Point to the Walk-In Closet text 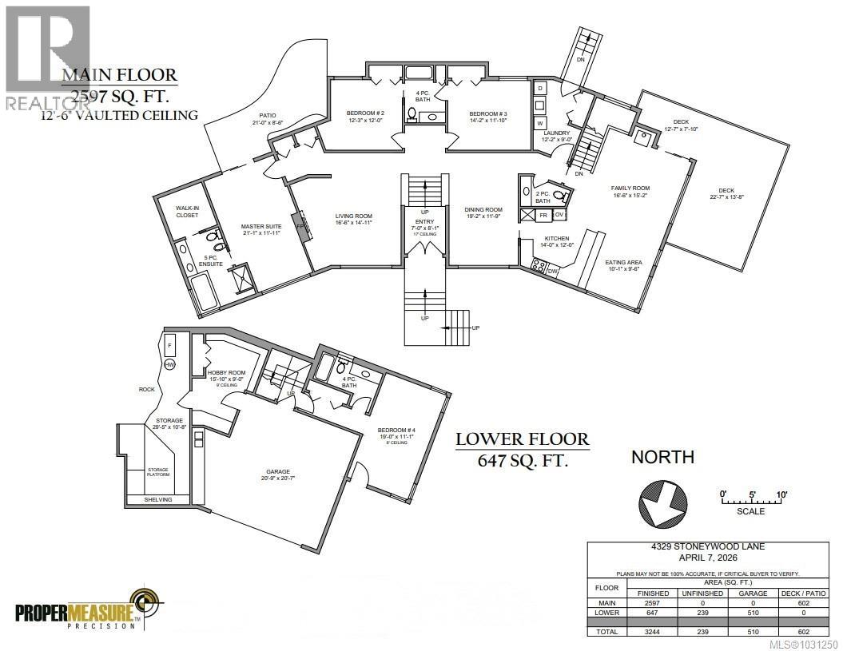(187, 211)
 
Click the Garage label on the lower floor (278, 471)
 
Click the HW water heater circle (169, 365)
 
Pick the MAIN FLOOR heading (120, 77)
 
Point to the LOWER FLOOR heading (523, 439)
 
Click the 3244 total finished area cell (648, 630)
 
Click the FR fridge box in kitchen (543, 215)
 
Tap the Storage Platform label (157, 474)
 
